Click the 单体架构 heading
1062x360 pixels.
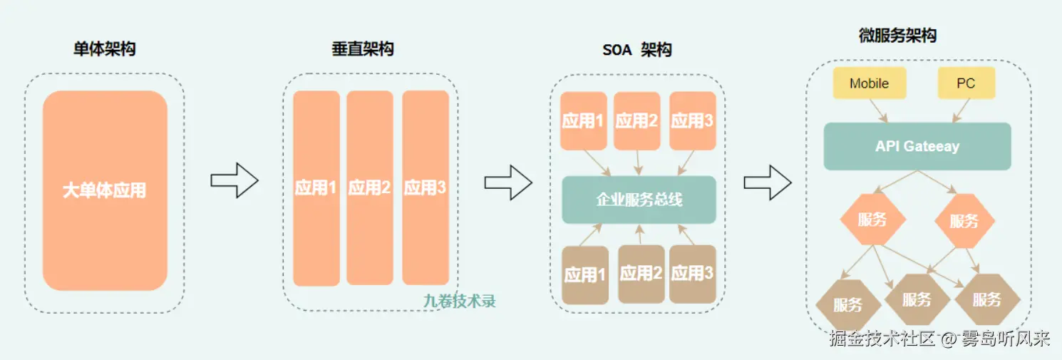[105, 49]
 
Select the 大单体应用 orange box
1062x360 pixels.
[105, 190]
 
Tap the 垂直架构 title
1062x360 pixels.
[362, 48]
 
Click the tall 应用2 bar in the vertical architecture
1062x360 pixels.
[370, 187]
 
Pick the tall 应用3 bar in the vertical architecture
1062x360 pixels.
[426, 187]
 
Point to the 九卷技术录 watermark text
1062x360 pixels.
[459, 301]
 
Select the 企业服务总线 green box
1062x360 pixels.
[639, 200]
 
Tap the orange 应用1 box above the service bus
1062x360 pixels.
[583, 120]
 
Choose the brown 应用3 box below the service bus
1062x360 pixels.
[692, 274]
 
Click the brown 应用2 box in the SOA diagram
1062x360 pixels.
[641, 274]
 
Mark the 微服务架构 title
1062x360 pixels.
[897, 36]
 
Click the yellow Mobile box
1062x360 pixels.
[869, 83]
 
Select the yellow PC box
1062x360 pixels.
[966, 83]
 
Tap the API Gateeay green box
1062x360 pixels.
[917, 146]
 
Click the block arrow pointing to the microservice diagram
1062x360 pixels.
[768, 182]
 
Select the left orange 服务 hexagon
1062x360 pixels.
[872, 220]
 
